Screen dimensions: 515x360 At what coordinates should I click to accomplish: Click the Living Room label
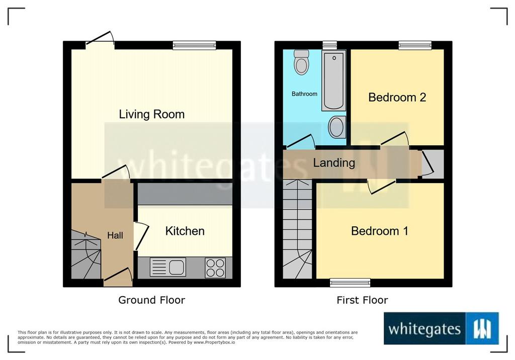click(x=152, y=114)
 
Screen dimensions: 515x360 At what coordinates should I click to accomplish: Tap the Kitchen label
click(x=185, y=231)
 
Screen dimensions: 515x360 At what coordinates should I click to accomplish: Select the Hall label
click(x=115, y=235)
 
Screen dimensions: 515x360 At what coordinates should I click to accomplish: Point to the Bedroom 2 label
click(x=397, y=97)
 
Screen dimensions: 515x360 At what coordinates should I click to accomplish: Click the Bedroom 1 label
click(x=380, y=231)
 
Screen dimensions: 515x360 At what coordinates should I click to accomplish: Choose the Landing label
click(x=334, y=163)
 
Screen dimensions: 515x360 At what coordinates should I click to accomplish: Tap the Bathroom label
click(x=304, y=94)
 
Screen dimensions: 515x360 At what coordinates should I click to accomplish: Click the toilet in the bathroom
click(x=301, y=62)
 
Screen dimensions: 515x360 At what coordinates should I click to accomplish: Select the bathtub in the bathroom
click(x=334, y=80)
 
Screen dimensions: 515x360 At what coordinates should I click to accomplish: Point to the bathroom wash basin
click(x=337, y=127)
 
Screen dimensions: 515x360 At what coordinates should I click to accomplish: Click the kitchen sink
click(x=168, y=266)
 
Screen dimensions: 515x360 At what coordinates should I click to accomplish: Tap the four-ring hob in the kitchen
click(x=215, y=267)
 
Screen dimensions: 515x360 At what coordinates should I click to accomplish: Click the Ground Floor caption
click(x=152, y=300)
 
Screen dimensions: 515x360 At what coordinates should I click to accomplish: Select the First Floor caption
click(x=362, y=300)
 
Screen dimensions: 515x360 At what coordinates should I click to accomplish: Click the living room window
click(x=195, y=45)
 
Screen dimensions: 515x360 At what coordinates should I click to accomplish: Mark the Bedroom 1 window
click(x=350, y=283)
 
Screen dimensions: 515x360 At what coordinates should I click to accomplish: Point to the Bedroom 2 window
click(x=415, y=45)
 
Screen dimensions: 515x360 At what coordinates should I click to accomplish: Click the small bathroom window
click(x=330, y=45)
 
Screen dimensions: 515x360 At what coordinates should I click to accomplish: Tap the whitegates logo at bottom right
click(x=441, y=328)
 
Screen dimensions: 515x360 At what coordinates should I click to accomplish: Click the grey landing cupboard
click(x=433, y=163)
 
